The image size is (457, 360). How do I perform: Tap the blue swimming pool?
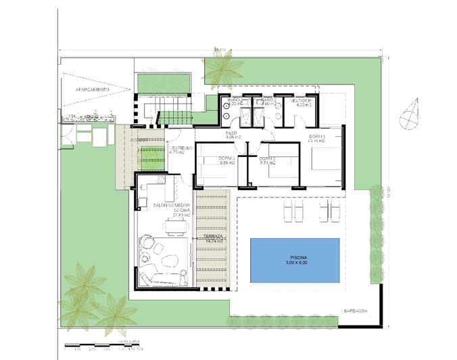click(295, 260)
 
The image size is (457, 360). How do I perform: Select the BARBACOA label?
click(355, 311)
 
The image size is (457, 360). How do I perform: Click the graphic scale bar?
click(108, 346)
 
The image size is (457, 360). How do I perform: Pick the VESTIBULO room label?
click(181, 148)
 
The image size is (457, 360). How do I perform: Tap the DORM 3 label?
click(227, 160)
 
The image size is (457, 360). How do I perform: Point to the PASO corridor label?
click(231, 134)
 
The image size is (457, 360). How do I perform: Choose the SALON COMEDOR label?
click(172, 205)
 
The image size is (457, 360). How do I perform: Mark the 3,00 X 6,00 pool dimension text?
click(295, 264)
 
